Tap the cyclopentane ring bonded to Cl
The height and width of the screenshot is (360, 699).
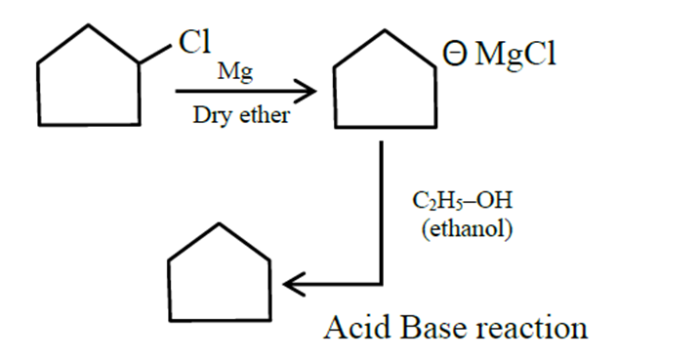88,83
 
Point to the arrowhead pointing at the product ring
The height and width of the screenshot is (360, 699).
292,284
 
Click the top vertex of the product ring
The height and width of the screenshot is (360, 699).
219,225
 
